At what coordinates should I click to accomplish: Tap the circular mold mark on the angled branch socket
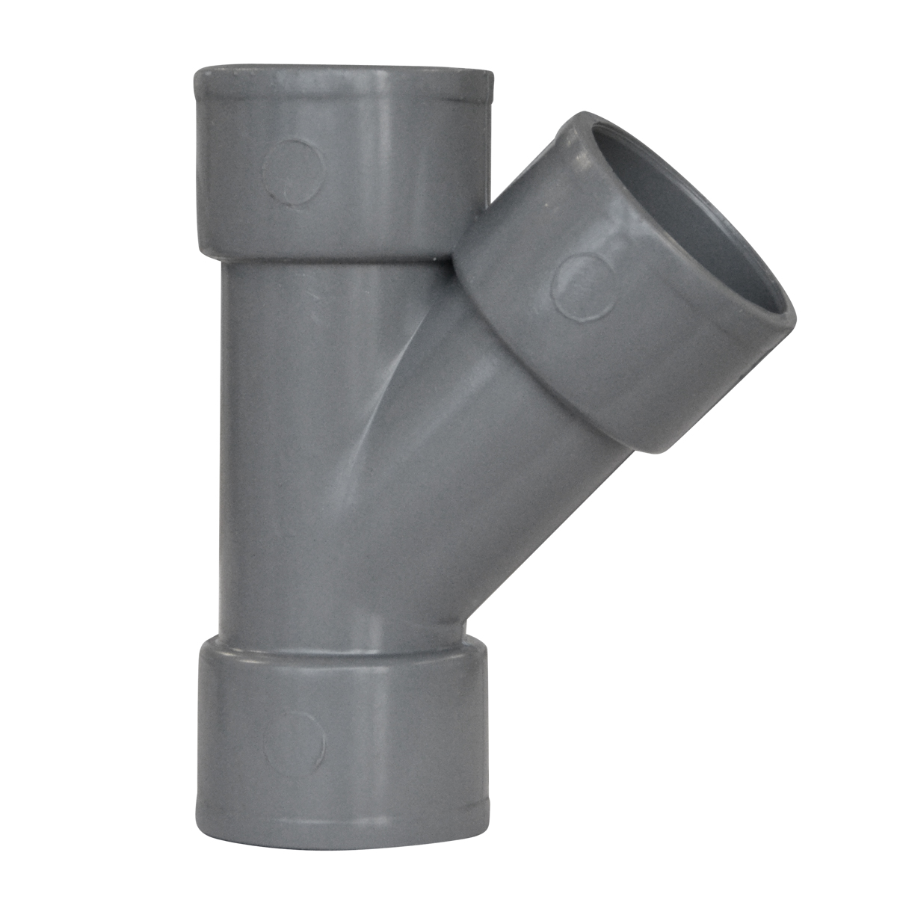[x=580, y=286]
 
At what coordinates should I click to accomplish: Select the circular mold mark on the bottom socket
[x=294, y=742]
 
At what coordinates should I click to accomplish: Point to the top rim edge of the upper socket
[x=344, y=73]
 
